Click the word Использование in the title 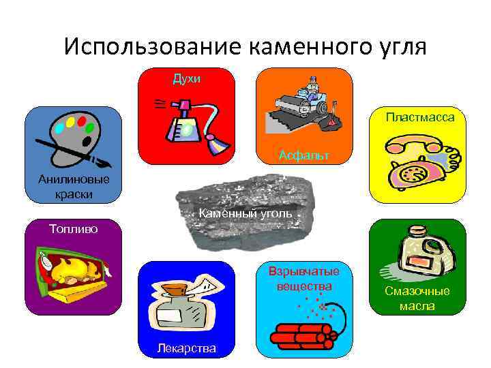(x=151, y=46)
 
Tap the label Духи (x=186, y=79)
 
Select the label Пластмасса (x=419, y=117)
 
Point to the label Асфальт (x=303, y=155)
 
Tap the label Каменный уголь (x=245, y=213)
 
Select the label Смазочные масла (x=417, y=298)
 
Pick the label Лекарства (x=186, y=348)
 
